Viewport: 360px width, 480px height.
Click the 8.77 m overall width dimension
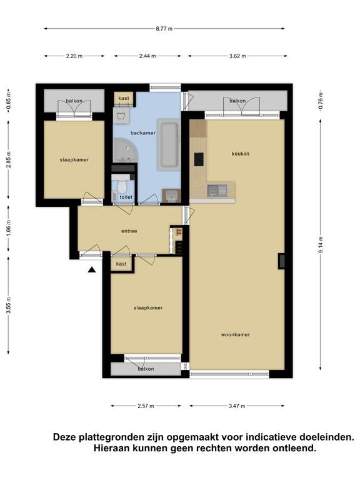click(x=164, y=29)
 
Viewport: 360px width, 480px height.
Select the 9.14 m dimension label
click(x=321, y=245)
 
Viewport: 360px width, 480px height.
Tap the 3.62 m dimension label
click(x=237, y=56)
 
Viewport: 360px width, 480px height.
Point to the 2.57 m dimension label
click(x=146, y=406)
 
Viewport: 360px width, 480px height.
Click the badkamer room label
click(x=143, y=133)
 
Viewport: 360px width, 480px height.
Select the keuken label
click(x=240, y=154)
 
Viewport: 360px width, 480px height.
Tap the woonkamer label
click(x=236, y=334)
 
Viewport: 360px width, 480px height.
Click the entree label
click(x=129, y=231)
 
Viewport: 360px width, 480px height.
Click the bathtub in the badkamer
click(x=168, y=144)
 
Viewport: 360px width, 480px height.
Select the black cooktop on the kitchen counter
click(x=199, y=159)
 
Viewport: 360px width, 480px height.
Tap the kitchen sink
click(x=217, y=190)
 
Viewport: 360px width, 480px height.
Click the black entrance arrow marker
click(x=92, y=270)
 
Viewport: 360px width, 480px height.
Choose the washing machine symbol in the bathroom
click(x=121, y=116)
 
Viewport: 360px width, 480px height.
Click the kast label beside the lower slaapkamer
click(x=121, y=264)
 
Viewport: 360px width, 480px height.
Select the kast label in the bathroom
click(x=124, y=98)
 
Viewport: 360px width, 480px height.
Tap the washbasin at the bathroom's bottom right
click(x=171, y=196)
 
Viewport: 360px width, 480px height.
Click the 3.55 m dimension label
click(x=9, y=305)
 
